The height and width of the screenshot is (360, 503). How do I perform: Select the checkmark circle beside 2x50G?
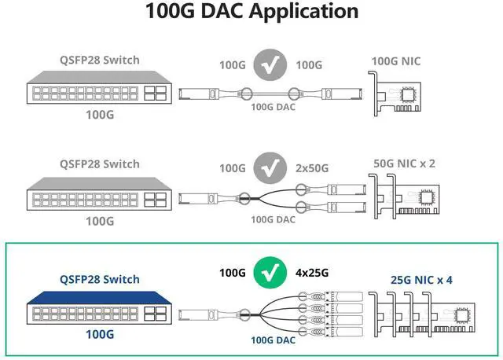(270, 167)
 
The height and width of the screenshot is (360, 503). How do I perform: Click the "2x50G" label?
(312, 167)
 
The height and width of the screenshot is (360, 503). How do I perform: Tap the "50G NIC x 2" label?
(404, 163)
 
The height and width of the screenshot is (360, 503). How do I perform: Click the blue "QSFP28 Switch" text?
(100, 279)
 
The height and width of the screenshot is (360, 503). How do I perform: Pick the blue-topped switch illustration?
(100, 310)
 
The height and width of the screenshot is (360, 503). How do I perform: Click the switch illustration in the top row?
(100, 93)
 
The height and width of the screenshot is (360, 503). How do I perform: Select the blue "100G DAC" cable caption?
(273, 340)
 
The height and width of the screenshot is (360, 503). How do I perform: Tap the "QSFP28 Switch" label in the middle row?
(100, 163)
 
